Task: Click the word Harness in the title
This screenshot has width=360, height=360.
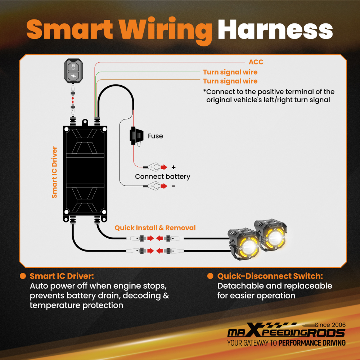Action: coord(275,30)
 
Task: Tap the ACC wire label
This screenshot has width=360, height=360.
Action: coord(256,62)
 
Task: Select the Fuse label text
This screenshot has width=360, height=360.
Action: coord(156,136)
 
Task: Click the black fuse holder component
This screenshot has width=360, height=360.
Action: coord(136,136)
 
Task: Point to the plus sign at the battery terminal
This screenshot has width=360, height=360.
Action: coord(174,167)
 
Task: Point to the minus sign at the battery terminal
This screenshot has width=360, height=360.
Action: coord(174,186)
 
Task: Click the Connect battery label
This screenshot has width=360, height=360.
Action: coord(163,176)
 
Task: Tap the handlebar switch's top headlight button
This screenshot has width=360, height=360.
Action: coord(73,67)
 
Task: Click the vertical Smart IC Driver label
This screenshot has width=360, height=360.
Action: coord(54,172)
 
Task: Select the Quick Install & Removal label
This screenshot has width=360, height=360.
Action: coord(155,228)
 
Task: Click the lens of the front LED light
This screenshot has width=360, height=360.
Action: coord(248,248)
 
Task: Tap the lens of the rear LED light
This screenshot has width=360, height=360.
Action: coord(275,238)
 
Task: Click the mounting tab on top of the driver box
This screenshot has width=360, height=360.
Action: coord(85,122)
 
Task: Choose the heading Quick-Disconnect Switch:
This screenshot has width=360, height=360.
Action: coord(270,276)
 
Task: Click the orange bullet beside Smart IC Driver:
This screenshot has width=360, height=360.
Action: coord(23,276)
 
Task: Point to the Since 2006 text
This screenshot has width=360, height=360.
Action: coord(330,325)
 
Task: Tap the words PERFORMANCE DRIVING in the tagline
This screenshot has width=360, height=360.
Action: coord(312,343)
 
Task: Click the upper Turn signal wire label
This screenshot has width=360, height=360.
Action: coord(230,72)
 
